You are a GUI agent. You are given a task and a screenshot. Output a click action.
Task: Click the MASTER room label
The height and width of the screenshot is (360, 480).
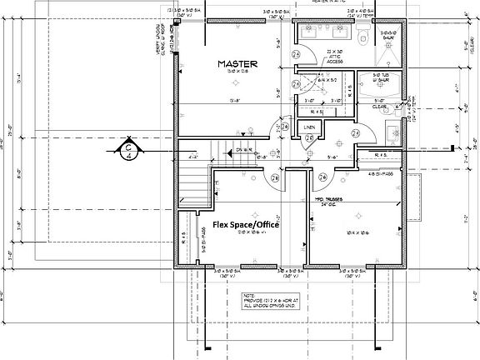pyautogui.click(x=237, y=63)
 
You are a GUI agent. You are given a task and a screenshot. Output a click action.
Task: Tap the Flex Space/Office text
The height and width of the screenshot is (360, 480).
pyautogui.click(x=245, y=225)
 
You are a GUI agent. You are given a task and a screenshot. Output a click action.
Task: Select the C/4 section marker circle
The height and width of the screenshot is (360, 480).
pyautogui.click(x=130, y=151)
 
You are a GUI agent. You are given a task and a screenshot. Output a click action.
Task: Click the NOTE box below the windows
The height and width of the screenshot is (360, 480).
pyautogui.click(x=271, y=300)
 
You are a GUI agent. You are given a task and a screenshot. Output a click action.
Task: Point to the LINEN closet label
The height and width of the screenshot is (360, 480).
pyautogui.click(x=309, y=127)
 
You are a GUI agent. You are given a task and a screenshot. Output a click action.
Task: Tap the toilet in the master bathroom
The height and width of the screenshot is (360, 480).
pyautogui.click(x=362, y=38)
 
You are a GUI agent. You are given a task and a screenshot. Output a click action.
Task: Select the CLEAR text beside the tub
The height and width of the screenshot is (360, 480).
pyautogui.click(x=378, y=107)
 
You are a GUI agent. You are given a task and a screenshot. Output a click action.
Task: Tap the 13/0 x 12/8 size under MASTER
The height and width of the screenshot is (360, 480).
pyautogui.click(x=237, y=72)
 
